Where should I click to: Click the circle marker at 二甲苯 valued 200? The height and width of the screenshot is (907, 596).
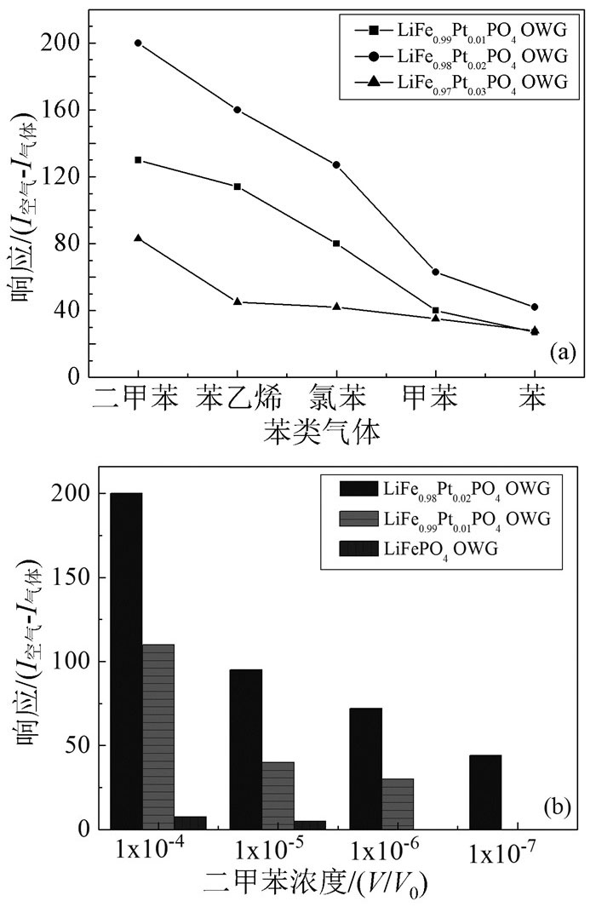[138, 43]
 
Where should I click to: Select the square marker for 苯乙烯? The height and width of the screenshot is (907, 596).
[238, 187]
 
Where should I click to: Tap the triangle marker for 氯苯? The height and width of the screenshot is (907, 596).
[336, 307]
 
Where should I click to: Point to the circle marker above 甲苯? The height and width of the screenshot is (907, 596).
[436, 272]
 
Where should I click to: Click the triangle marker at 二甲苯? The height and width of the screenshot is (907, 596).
[138, 238]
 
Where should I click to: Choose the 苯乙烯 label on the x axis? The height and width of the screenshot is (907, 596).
[238, 397]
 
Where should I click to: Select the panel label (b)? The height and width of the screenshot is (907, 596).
[557, 805]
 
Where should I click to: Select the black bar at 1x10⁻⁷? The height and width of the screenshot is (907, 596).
[484, 791]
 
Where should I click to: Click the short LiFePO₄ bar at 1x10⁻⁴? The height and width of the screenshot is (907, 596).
[190, 823]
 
